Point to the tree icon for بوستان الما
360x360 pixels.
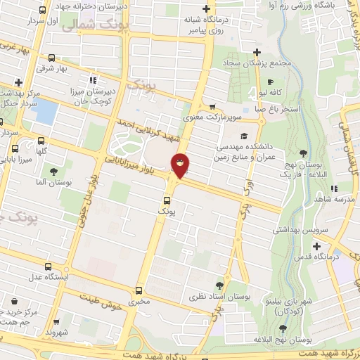click(x=53, y=172)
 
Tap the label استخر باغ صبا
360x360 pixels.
click(x=276, y=108)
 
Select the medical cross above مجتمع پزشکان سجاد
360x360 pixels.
click(x=257, y=52)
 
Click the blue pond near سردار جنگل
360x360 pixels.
click(x=43, y=111)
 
